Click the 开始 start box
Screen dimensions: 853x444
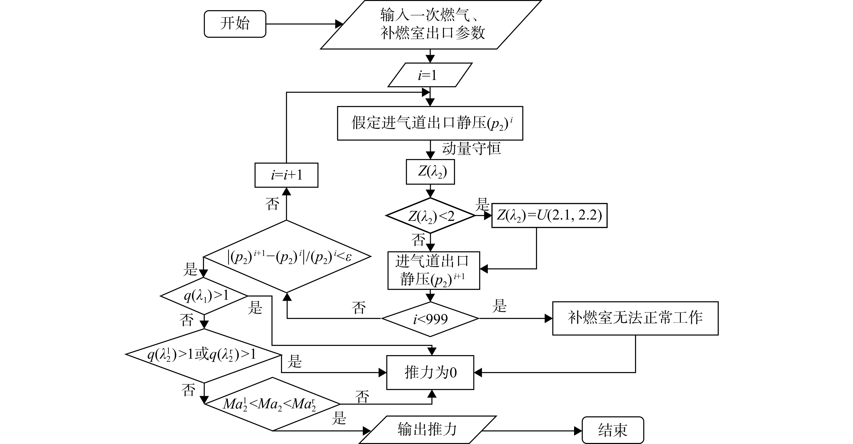click(235, 24)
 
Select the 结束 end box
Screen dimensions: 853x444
click(613, 430)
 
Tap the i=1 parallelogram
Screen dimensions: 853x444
click(430, 75)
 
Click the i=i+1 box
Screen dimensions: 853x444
click(286, 175)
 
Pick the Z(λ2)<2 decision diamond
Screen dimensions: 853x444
click(430, 216)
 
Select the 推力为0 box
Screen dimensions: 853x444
click(430, 372)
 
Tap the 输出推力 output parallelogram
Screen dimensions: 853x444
click(427, 430)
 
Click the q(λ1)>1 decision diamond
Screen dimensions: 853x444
click(204, 296)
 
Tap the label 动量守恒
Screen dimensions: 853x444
click(471, 148)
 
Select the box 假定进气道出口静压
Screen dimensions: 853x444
click(430, 123)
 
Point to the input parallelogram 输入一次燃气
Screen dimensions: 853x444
click(431, 25)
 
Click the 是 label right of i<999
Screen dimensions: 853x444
click(499, 306)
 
